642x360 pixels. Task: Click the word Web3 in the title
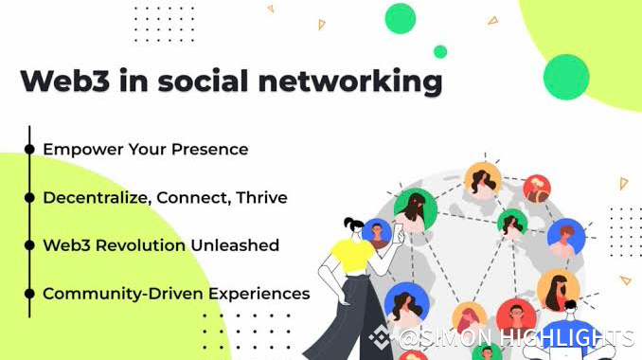64,81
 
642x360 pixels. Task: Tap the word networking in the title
350,82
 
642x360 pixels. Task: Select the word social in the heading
203,81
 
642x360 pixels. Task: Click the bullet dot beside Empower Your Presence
29,149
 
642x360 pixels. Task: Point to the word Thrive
261,197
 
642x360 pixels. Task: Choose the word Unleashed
235,245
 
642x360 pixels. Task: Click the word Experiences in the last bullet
259,294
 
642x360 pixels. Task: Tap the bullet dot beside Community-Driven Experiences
29,294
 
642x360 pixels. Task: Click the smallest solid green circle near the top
440,52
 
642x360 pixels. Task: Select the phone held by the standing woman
398,233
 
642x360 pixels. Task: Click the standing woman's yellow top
352,256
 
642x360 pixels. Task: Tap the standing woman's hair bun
348,224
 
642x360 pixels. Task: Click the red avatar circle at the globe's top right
537,189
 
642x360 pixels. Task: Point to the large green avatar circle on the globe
416,209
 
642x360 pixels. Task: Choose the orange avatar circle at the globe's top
483,180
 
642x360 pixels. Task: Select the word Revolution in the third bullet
140,245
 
